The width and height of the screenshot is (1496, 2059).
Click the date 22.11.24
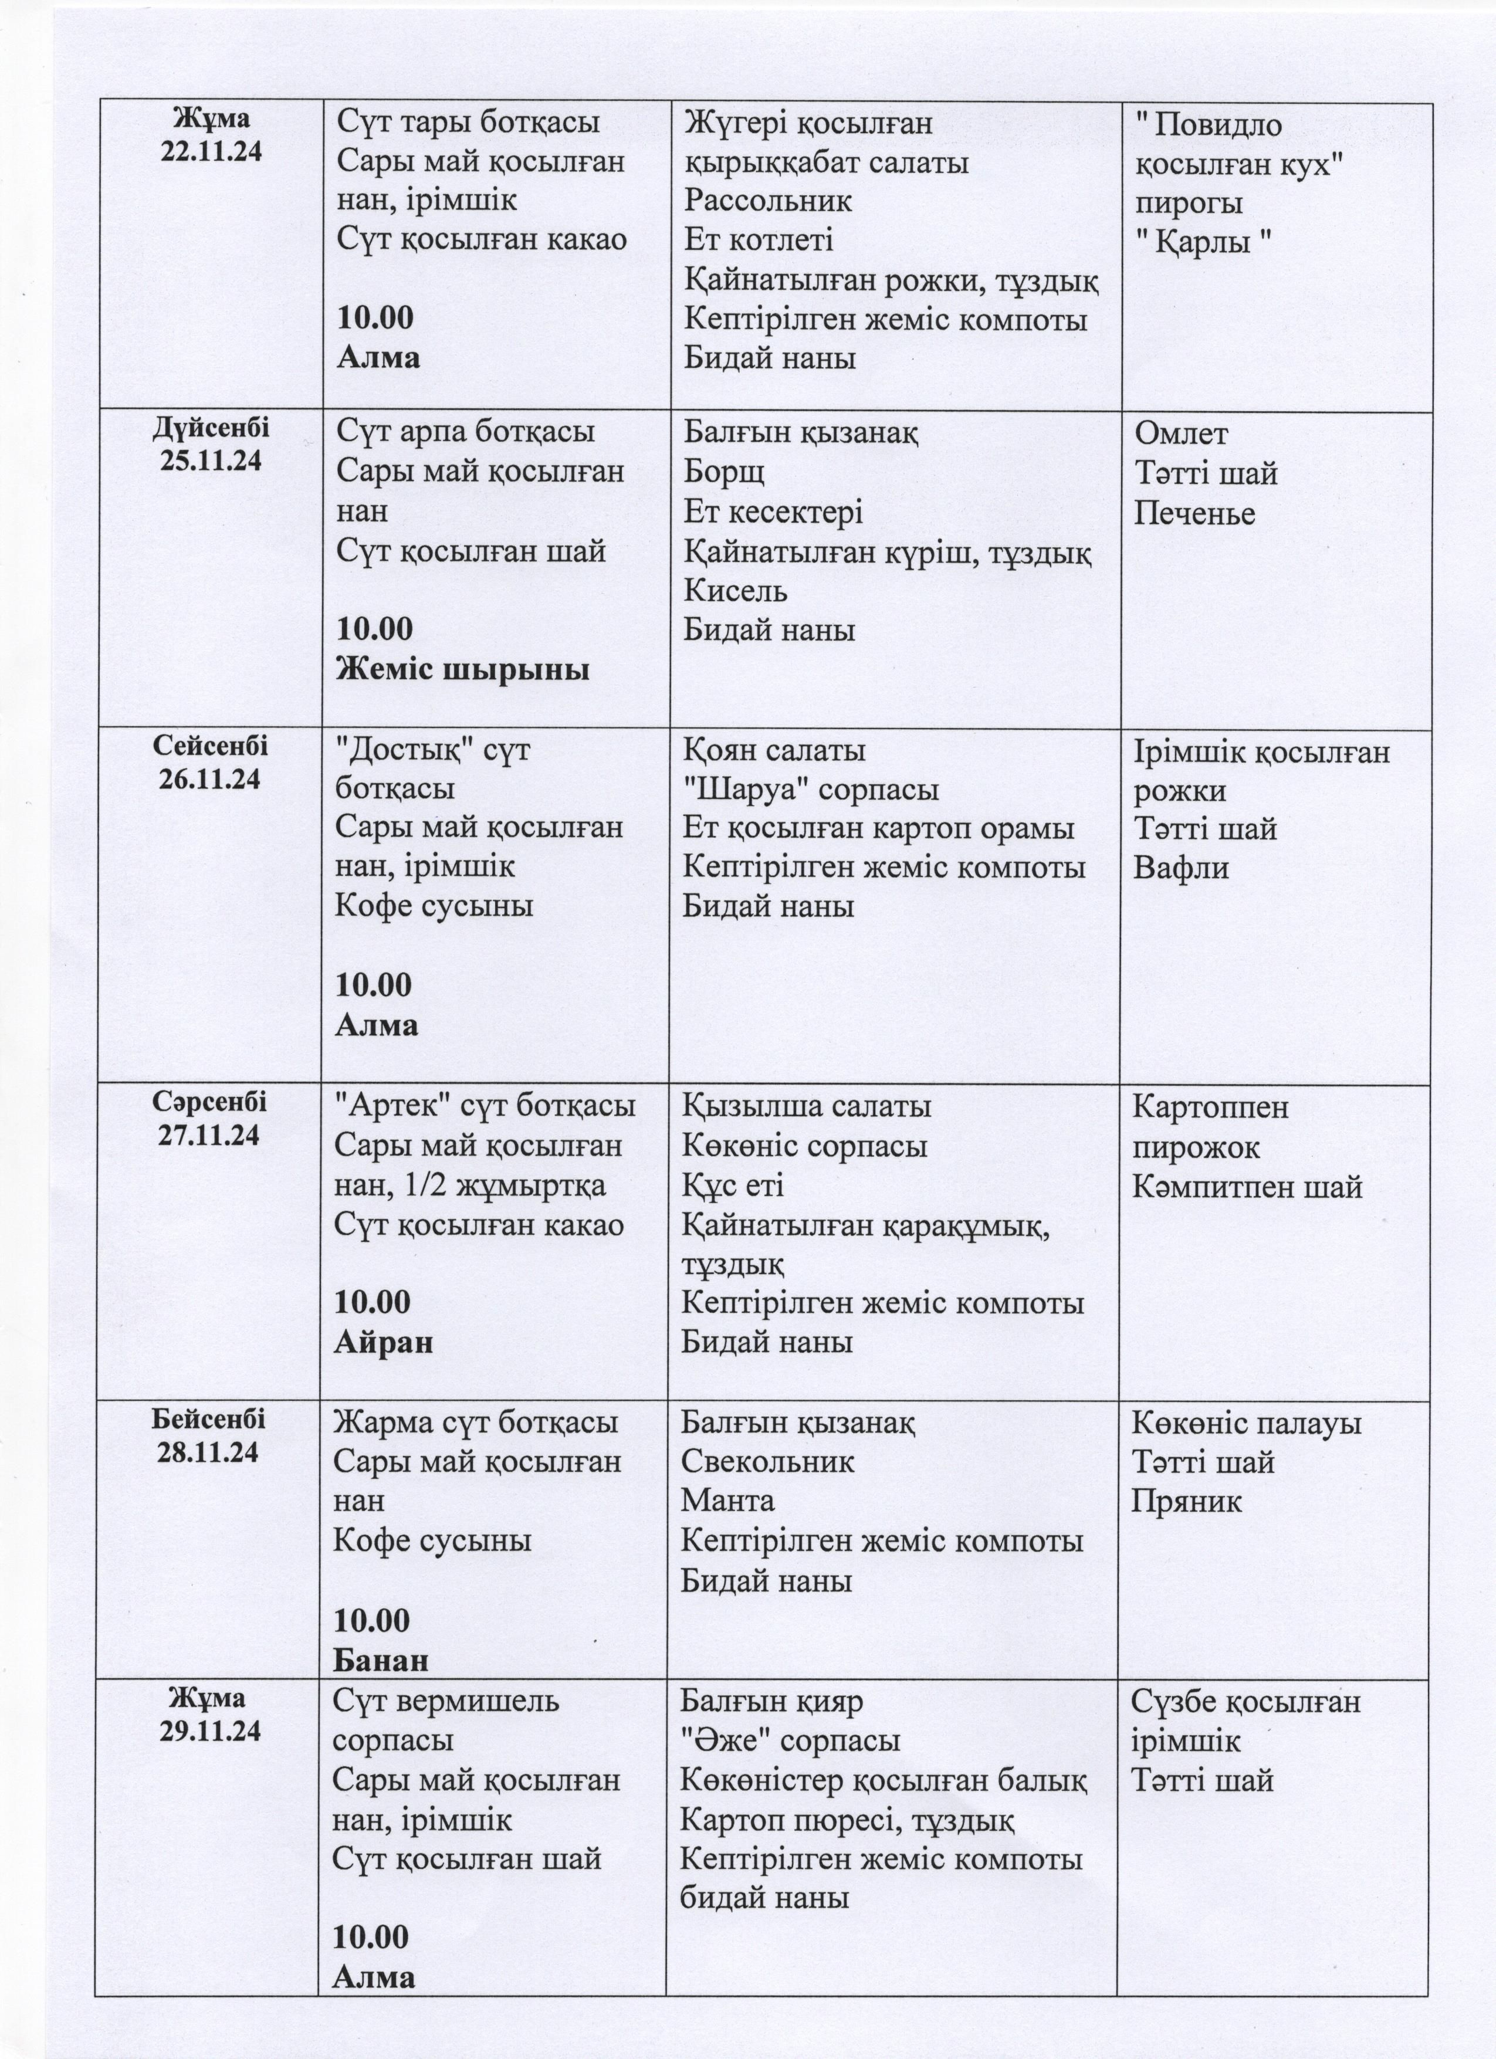[x=211, y=151]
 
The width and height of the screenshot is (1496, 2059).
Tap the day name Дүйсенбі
[x=211, y=428]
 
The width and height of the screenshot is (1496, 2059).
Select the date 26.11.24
[x=209, y=779]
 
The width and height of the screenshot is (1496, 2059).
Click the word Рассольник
[x=768, y=201]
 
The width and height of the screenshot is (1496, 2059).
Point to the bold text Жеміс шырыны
[x=463, y=669]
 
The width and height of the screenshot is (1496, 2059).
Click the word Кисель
[x=735, y=591]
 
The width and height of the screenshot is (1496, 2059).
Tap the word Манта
[x=728, y=1501]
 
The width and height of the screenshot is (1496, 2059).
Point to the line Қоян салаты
[x=773, y=751]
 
